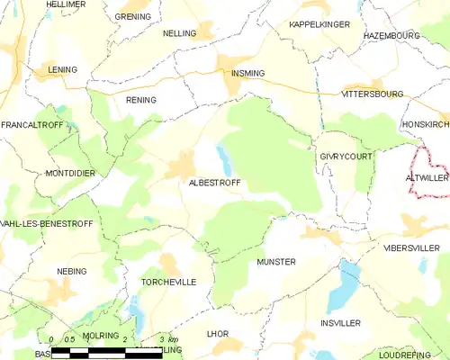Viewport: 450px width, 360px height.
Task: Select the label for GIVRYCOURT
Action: pyautogui.click(x=346, y=156)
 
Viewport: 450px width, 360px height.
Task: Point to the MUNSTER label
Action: pyautogui.click(x=275, y=262)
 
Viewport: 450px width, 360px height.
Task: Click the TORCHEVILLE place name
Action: pyautogui.click(x=168, y=282)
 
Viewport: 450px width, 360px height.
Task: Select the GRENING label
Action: pyautogui.click(x=133, y=16)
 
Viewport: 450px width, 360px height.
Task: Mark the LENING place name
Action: pyautogui.click(x=62, y=69)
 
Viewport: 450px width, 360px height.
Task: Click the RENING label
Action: pyautogui.click(x=141, y=100)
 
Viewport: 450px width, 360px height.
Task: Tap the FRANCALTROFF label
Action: pyautogui.click(x=32, y=124)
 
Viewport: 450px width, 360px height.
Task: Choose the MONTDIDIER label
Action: pyautogui.click(x=70, y=172)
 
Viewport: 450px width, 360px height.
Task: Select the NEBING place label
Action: pyautogui.click(x=72, y=271)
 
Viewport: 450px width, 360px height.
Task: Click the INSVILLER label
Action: pyautogui.click(x=340, y=322)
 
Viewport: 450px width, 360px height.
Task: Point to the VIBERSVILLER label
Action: pyautogui.click(x=411, y=247)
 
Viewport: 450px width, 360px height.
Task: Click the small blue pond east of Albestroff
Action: pyautogui.click(x=226, y=161)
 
